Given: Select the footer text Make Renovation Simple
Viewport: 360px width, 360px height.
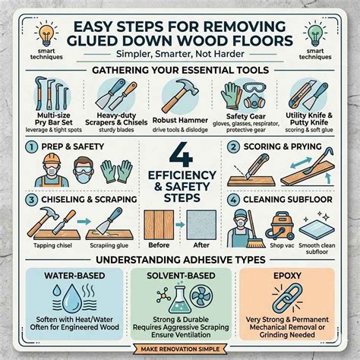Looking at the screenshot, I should click(179, 349).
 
